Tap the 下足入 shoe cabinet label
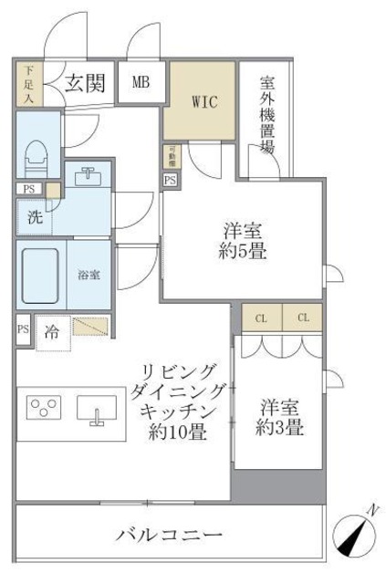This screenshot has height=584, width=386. [x=28, y=82]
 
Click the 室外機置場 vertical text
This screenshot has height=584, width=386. [x=266, y=114]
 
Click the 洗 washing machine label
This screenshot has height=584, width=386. [x=33, y=218]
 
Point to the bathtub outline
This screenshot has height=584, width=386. [x=39, y=273]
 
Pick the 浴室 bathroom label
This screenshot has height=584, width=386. [x=88, y=273]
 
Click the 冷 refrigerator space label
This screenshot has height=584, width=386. [x=53, y=331]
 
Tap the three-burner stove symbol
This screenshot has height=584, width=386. [x=44, y=408]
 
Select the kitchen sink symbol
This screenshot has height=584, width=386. [x=96, y=409]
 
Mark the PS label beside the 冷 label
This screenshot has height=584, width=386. [x=23, y=330]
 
